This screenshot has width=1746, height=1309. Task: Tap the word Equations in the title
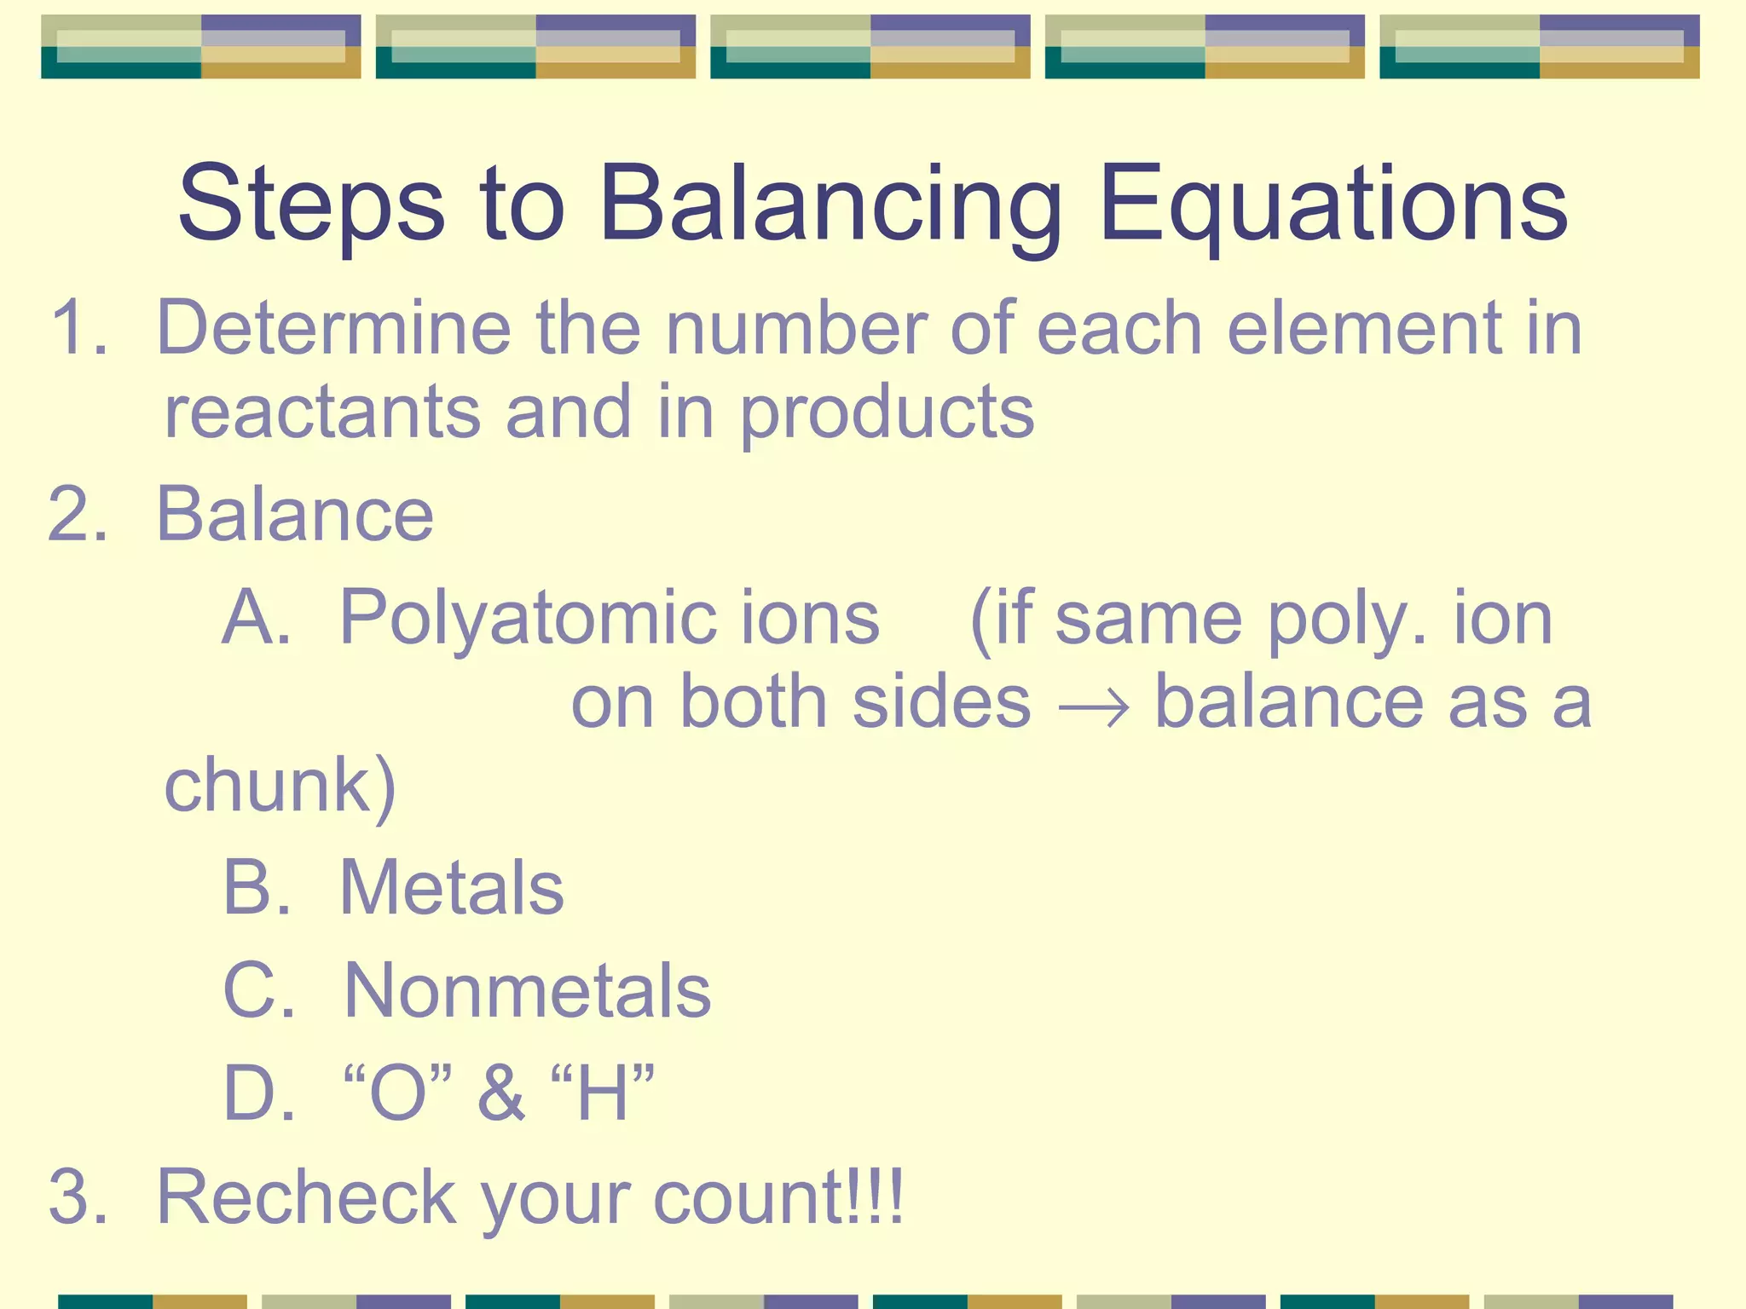[x=1333, y=205]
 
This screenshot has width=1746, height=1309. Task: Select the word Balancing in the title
[x=831, y=205]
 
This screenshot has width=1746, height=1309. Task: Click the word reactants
[x=322, y=413]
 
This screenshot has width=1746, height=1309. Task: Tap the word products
[x=887, y=413]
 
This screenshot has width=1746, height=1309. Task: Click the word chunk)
[x=280, y=786]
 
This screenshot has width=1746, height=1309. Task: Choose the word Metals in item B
[x=452, y=888]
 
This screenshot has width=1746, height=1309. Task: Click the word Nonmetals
[x=527, y=990]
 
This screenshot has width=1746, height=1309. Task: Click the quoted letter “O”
[x=396, y=1093]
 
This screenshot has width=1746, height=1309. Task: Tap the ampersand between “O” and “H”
[x=501, y=1093]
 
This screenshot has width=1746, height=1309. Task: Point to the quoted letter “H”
[x=602, y=1093]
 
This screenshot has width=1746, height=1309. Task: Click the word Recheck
[x=307, y=1197]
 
